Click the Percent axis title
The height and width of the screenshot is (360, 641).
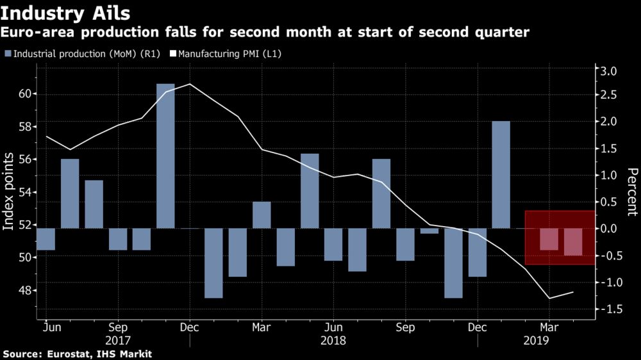tap(632, 192)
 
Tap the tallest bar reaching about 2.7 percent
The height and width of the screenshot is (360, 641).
tap(165, 156)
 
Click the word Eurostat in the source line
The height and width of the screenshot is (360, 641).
tap(66, 354)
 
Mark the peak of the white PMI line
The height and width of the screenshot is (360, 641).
tap(190, 84)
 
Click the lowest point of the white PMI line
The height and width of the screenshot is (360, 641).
tap(549, 298)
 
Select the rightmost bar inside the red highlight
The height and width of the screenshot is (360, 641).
tap(573, 241)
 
